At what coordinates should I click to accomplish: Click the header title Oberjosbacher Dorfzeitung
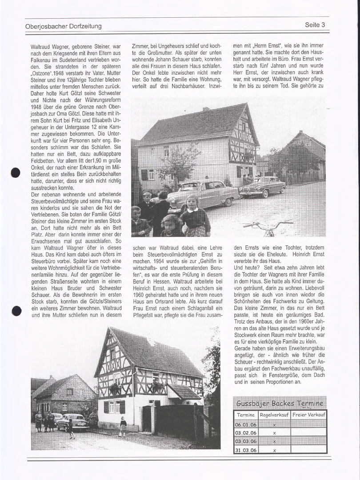click(x=63, y=26)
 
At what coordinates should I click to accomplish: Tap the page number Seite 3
click(x=315, y=25)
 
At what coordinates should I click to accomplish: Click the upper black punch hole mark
click(x=16, y=172)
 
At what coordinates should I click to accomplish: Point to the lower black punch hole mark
click(x=16, y=311)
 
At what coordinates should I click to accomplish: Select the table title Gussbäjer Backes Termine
click(x=280, y=404)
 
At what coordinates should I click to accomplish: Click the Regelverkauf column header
click(x=274, y=415)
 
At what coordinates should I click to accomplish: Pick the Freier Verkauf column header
click(x=309, y=415)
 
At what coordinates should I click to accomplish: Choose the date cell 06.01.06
click(x=246, y=424)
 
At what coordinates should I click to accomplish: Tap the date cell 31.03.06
click(x=246, y=450)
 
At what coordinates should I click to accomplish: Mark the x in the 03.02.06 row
click(x=274, y=432)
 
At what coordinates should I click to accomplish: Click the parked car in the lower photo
click(x=72, y=421)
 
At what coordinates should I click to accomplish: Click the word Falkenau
click(x=43, y=60)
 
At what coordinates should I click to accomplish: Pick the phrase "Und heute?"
click(x=247, y=268)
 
